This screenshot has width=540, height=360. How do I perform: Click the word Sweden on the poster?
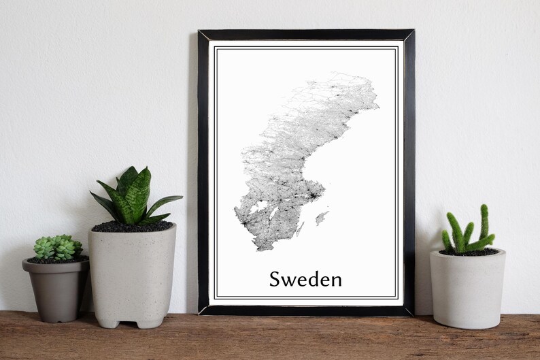305,279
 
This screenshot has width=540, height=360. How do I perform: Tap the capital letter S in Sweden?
275,279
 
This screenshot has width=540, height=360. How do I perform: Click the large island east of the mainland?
321,218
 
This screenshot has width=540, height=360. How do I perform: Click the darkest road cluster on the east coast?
313,196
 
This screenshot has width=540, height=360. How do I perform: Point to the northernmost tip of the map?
340,74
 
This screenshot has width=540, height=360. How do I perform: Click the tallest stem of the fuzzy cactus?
484,221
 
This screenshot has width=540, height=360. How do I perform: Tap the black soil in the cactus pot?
469,252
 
